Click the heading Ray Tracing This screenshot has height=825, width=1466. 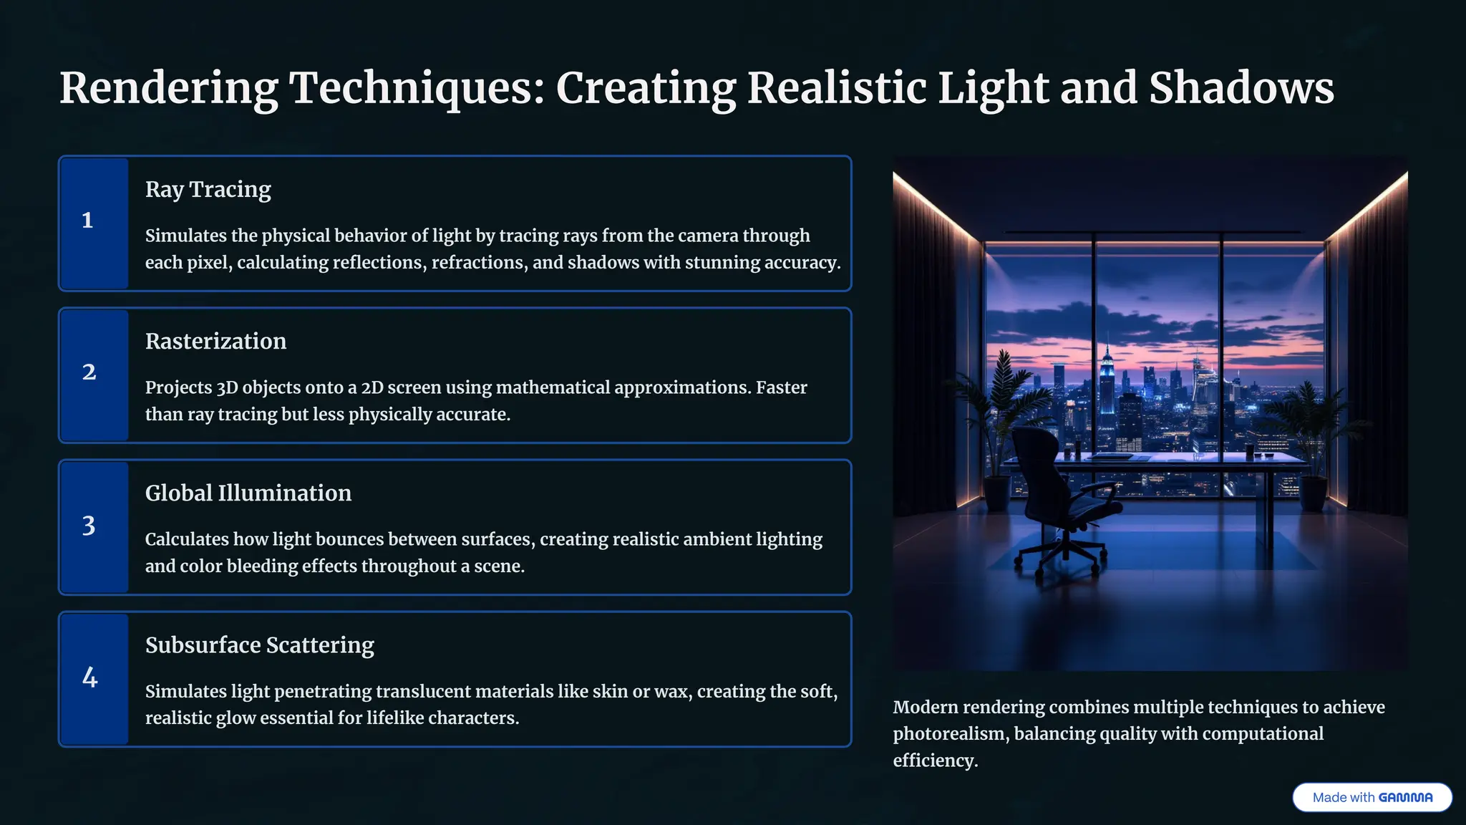point(208,190)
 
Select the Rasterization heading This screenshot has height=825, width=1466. point(215,342)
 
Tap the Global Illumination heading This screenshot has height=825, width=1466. point(248,493)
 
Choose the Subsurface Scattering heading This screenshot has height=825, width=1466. point(259,645)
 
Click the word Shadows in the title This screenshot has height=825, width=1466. point(1241,89)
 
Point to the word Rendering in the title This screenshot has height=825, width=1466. point(168,89)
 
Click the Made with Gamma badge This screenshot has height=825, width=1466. point(1372,797)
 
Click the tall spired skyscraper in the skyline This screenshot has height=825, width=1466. point(1107,380)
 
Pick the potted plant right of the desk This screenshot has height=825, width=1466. point(1313,444)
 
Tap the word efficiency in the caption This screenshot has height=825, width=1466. point(934,761)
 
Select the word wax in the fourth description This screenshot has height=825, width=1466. point(672,692)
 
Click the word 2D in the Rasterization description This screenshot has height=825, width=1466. point(375,388)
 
